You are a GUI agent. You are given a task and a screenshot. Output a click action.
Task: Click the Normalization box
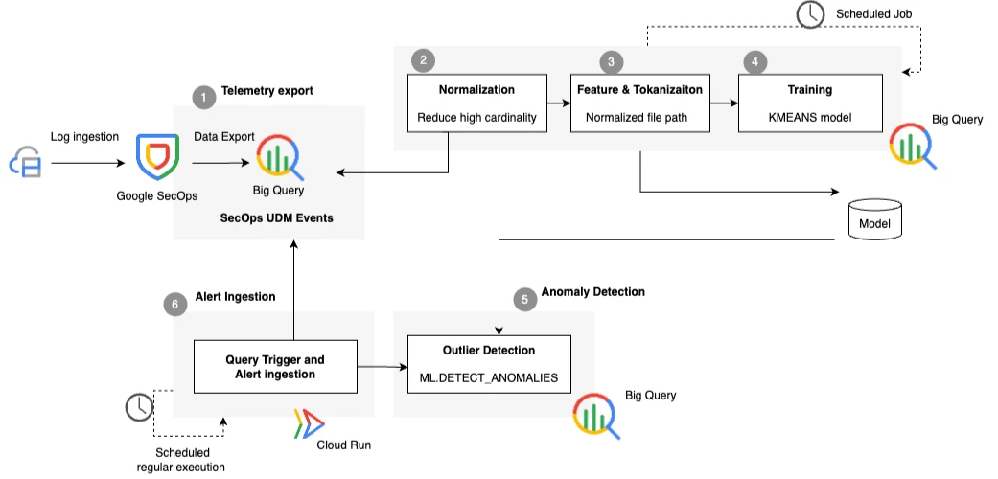coord(476,103)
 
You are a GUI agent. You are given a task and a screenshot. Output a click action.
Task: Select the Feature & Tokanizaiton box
coord(640,103)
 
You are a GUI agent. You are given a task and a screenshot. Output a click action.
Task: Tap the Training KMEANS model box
coord(810,103)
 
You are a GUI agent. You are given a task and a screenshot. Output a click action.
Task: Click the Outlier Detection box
coord(489,363)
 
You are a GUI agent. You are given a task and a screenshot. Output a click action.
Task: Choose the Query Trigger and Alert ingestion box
coord(275,366)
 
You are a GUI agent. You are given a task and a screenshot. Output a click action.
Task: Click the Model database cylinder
coord(875,220)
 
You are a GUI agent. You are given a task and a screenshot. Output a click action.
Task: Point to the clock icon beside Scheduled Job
coord(810,14)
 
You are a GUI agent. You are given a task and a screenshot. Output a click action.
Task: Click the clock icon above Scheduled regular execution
coord(139,407)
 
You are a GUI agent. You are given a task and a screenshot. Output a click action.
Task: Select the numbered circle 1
coord(203,98)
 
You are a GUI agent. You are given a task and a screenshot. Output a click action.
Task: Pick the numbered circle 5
coord(524,300)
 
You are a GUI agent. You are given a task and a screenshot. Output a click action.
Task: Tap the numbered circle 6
coord(175,304)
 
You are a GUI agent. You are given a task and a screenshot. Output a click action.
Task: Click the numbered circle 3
coord(611,61)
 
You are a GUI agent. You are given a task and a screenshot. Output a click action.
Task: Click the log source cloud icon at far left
coord(25,163)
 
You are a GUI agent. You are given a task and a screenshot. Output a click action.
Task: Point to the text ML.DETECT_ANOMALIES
coord(489,377)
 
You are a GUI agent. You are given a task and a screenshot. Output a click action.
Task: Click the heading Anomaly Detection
coord(593,292)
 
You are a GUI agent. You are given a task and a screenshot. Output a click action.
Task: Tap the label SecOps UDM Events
coord(277,217)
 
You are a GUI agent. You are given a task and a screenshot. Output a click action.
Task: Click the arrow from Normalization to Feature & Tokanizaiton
coord(558,102)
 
